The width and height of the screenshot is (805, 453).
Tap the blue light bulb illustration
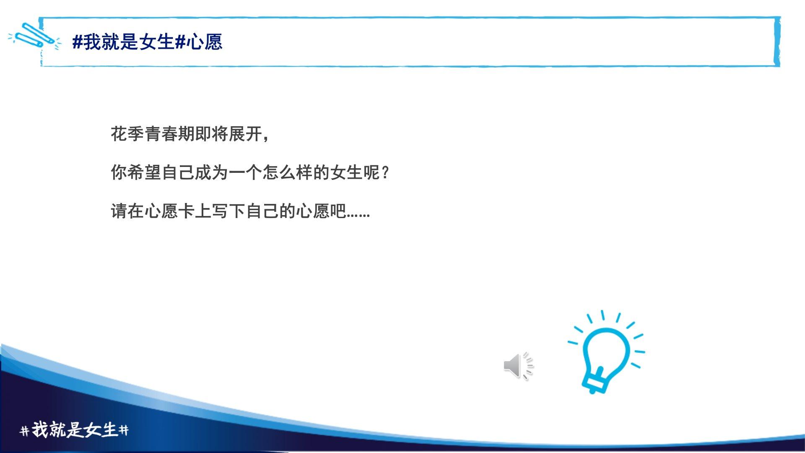(x=606, y=352)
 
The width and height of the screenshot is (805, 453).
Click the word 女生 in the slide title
(x=156, y=42)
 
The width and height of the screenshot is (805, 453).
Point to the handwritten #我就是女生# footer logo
(x=74, y=430)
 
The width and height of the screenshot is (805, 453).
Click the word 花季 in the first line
(x=127, y=134)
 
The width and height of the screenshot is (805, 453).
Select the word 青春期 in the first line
(x=169, y=134)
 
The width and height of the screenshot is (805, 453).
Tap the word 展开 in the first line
(x=245, y=134)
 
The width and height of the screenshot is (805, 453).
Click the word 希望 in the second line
(x=144, y=172)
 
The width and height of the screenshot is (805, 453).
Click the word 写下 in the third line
(x=229, y=211)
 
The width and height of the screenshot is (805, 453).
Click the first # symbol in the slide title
(x=78, y=42)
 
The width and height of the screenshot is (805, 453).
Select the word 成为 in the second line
(x=212, y=172)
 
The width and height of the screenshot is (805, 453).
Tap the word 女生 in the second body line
(x=346, y=172)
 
